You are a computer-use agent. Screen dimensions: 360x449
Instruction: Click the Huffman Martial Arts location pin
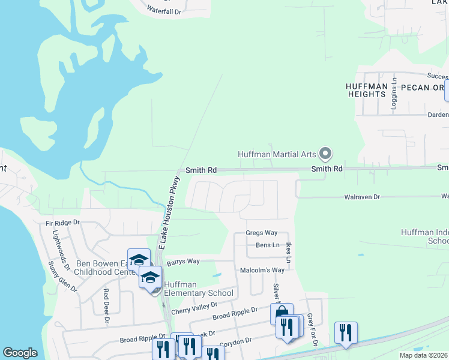coord(325,154)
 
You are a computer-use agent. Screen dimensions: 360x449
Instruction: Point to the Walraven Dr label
coord(363,197)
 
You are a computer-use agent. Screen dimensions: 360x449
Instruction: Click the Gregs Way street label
coord(262,233)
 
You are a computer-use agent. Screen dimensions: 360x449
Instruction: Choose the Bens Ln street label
coord(268,245)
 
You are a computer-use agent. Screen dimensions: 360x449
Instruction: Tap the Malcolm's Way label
coord(262,271)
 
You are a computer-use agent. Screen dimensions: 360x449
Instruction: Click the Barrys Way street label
coord(183,262)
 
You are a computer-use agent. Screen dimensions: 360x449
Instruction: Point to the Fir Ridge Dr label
coord(62,223)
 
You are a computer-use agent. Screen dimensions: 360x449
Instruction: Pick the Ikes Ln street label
coord(289,253)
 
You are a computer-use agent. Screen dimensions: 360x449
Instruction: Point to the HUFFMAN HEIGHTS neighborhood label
coord(366,90)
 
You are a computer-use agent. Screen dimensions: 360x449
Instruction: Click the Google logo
coord(20,353)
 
